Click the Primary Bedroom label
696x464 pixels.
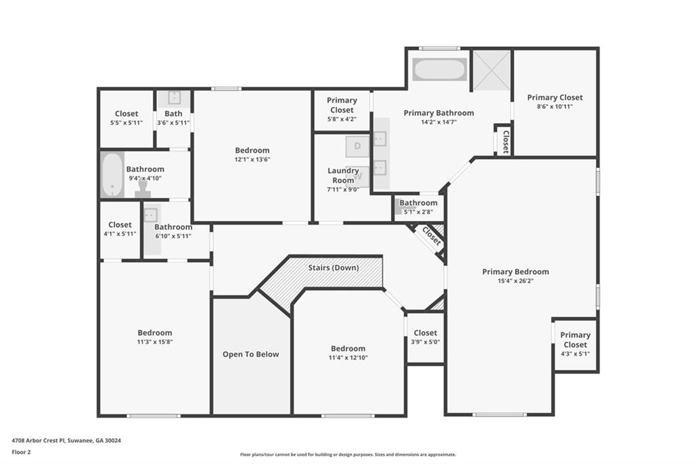(515, 271)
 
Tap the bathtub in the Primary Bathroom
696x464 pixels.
(439, 69)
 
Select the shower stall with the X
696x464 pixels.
(491, 69)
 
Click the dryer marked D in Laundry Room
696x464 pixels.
(357, 146)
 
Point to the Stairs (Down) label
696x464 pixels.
(333, 267)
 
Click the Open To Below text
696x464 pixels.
(251, 354)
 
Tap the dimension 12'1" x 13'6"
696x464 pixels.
(252, 159)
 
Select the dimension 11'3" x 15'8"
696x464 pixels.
(155, 342)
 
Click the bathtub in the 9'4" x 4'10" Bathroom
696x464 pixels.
(112, 175)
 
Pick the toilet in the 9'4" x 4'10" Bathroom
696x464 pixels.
(143, 188)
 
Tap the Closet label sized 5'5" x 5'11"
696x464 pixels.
(126, 114)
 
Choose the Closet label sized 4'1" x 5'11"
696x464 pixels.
(120, 225)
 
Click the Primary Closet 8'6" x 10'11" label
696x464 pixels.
(555, 97)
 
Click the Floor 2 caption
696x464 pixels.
(22, 451)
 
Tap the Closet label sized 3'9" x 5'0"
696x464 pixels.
(425, 333)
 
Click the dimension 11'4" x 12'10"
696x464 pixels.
(347, 357)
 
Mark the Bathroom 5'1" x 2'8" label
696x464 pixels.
(418, 203)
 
